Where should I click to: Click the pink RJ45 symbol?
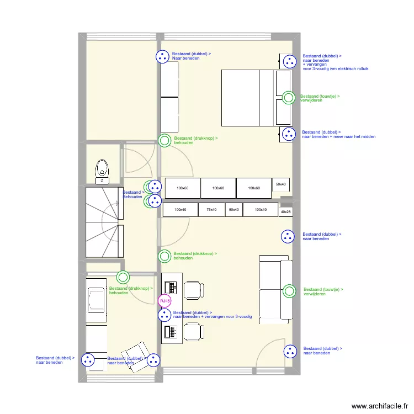coord(164,301)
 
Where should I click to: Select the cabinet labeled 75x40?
coord(211,210)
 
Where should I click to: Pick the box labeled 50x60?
coord(281,184)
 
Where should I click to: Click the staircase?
coord(103,222)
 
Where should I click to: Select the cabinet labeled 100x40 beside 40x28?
coord(261,210)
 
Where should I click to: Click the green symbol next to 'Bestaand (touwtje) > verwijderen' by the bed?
coord(288,98)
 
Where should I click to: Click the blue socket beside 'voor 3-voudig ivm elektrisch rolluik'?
coord(288,62)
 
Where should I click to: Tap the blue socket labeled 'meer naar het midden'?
coord(288,134)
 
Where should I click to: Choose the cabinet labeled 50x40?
coord(234,210)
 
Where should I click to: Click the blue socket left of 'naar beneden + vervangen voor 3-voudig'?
coord(164,315)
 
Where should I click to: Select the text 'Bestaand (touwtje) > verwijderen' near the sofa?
coord(323,291)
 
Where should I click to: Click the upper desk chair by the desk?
coord(193,289)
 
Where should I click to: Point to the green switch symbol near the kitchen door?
coord(123,278)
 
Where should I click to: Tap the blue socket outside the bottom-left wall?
coord(88,360)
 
